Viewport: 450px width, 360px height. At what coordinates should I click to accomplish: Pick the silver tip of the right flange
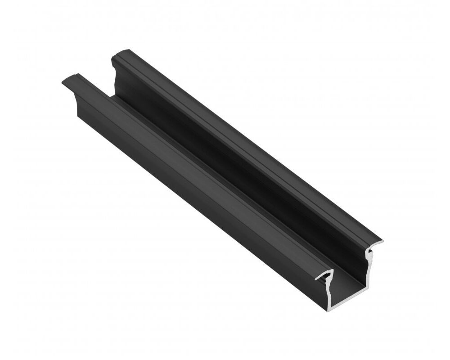click(x=382, y=242)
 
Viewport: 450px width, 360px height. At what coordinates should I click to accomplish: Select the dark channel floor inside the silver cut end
click(x=346, y=288)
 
